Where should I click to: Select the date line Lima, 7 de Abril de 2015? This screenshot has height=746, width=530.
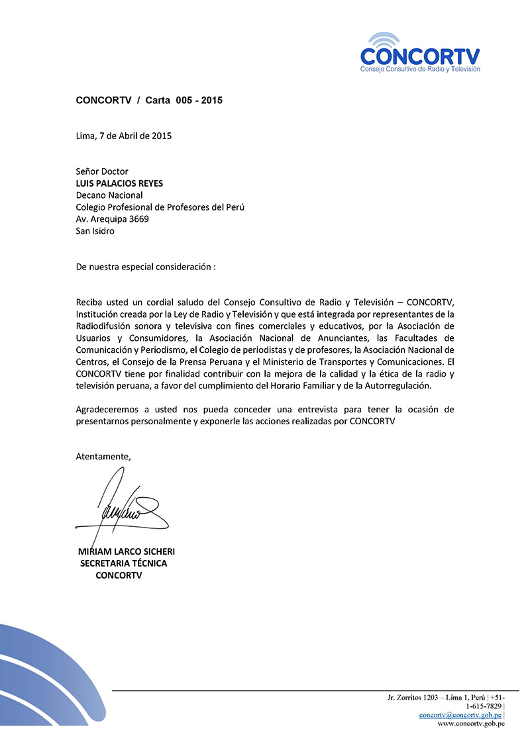tap(124, 136)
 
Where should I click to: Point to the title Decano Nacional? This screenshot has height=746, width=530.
tap(109, 195)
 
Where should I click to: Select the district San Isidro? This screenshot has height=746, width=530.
tap(95, 231)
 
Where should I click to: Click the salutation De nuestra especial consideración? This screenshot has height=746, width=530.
tap(146, 267)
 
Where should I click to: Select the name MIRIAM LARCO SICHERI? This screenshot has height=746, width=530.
tap(127, 551)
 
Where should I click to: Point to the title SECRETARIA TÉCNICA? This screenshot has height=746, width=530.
tap(123, 563)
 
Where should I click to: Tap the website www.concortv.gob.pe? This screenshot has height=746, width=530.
tap(471, 723)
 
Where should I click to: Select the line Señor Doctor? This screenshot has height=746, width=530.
tap(102, 171)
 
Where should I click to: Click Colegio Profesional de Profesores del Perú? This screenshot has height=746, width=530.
tap(160, 207)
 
